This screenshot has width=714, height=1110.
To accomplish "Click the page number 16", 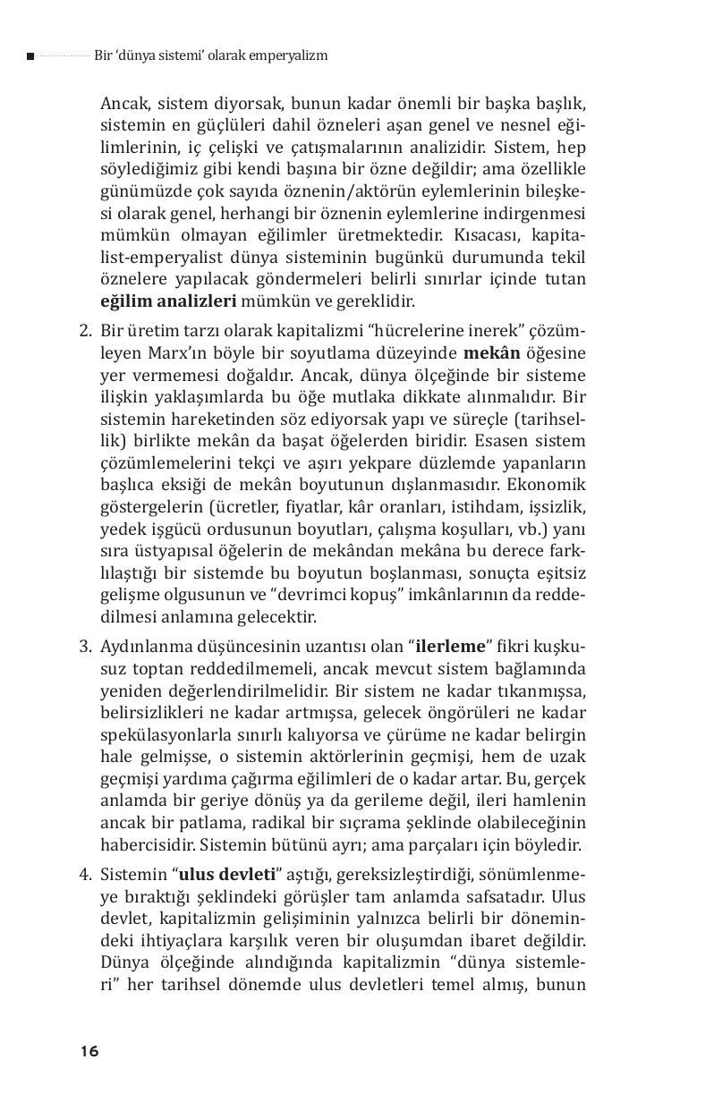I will point(89,1051).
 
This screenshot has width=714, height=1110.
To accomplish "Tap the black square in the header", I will point(30,56).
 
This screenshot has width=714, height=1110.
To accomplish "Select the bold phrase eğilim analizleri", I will point(168,301).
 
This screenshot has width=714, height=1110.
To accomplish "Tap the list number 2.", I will point(86,332).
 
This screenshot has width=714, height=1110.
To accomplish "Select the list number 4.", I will point(86,874).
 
